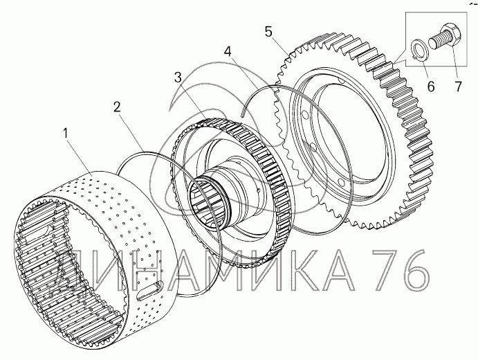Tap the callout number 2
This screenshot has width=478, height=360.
117,107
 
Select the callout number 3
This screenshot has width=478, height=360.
178,77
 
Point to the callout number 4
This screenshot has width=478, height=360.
228,52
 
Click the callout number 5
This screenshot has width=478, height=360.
268,32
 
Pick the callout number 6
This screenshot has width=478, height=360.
431,87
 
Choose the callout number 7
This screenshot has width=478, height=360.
459,87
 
